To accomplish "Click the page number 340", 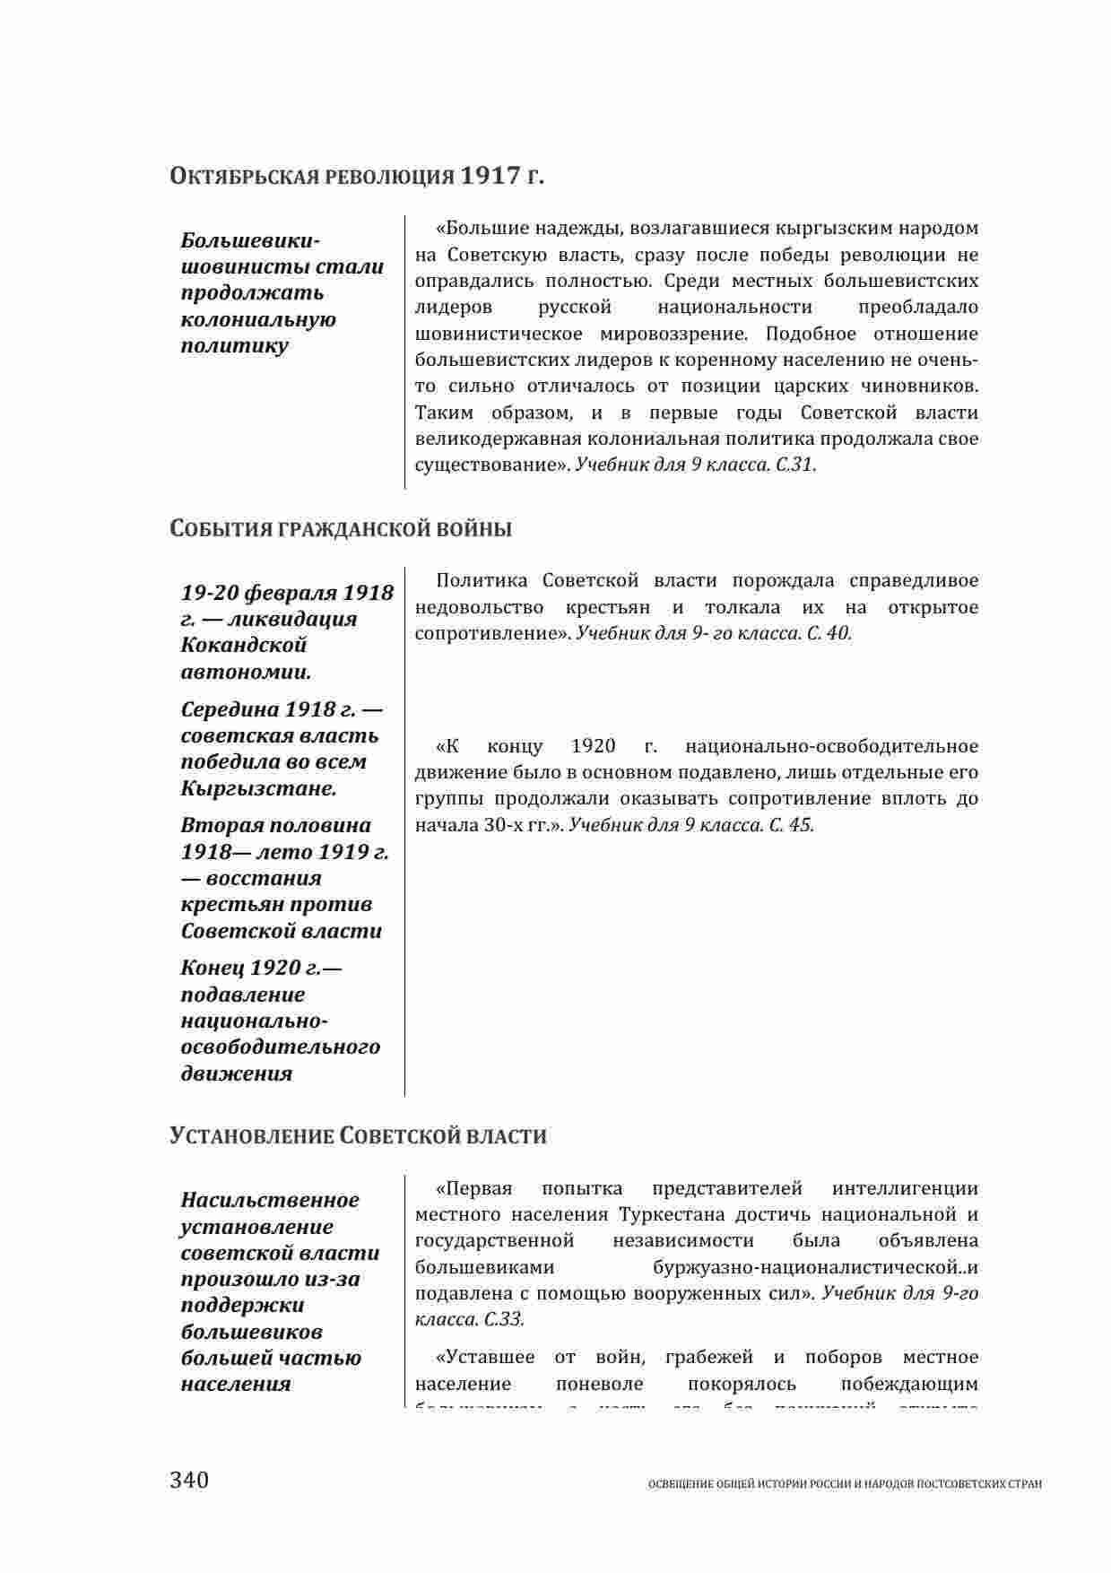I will pos(189,1479).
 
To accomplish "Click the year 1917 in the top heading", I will pos(490,176).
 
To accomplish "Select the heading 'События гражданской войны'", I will pos(341,529).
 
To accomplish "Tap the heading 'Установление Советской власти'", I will pos(358,1136).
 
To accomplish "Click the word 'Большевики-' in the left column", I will pos(250,240).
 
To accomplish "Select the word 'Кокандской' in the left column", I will pos(244,645).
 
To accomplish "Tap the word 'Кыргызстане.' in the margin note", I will pos(259,788).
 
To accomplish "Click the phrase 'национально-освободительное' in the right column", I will pos(831,746).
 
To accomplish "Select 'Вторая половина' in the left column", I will pos(275,825).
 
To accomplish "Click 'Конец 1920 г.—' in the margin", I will pos(262,968).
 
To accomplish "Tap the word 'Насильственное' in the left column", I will pos(270,1200).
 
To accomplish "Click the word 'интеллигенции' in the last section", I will pos(905,1189).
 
